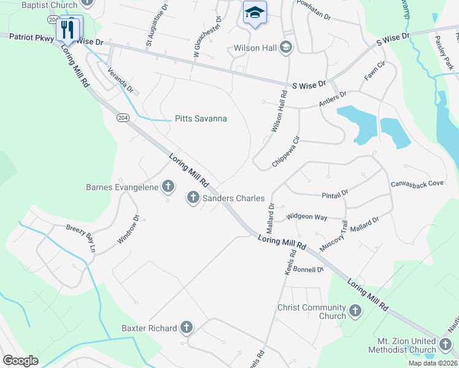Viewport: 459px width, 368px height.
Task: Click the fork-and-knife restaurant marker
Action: coord(67,29)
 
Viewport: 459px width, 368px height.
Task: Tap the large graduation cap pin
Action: coord(255,13)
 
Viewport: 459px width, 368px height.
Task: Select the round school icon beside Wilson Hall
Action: coord(285,48)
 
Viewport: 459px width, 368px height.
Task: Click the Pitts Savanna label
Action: coord(201,119)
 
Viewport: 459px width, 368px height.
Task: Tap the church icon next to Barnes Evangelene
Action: coord(168,186)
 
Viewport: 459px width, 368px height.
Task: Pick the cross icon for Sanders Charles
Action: coord(193,198)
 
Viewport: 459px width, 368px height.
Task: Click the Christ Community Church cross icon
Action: coord(355,312)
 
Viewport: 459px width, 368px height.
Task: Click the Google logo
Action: coord(20,361)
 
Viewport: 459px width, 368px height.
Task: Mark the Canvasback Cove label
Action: coord(417,183)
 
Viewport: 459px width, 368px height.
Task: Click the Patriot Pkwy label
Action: coord(32,37)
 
